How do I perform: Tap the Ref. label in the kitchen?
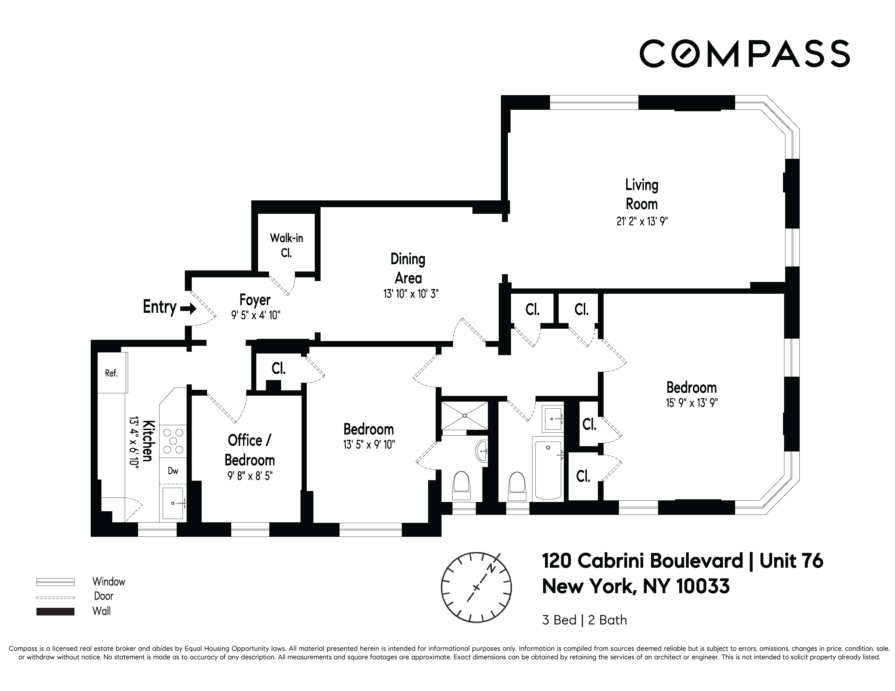tap(111, 373)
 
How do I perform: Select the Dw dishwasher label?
tap(173, 471)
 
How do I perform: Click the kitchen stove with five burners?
tap(173, 441)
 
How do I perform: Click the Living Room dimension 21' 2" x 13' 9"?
tap(642, 222)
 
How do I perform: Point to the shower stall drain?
tap(465, 416)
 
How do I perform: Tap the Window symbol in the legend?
tap(55, 582)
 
